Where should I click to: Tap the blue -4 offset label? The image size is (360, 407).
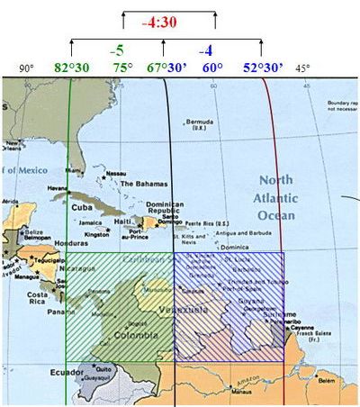205,50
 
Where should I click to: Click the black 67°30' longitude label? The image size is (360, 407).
166,68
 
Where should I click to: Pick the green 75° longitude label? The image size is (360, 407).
121,68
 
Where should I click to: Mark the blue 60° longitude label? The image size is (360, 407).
212,68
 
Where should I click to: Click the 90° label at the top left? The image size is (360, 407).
26,68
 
